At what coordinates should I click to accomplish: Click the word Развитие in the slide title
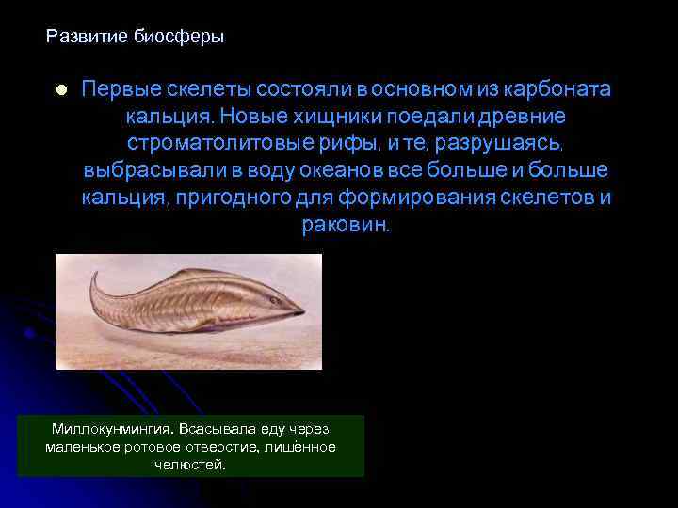click(83, 38)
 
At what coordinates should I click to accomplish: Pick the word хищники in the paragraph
click(328, 117)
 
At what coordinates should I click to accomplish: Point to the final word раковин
click(345, 226)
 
